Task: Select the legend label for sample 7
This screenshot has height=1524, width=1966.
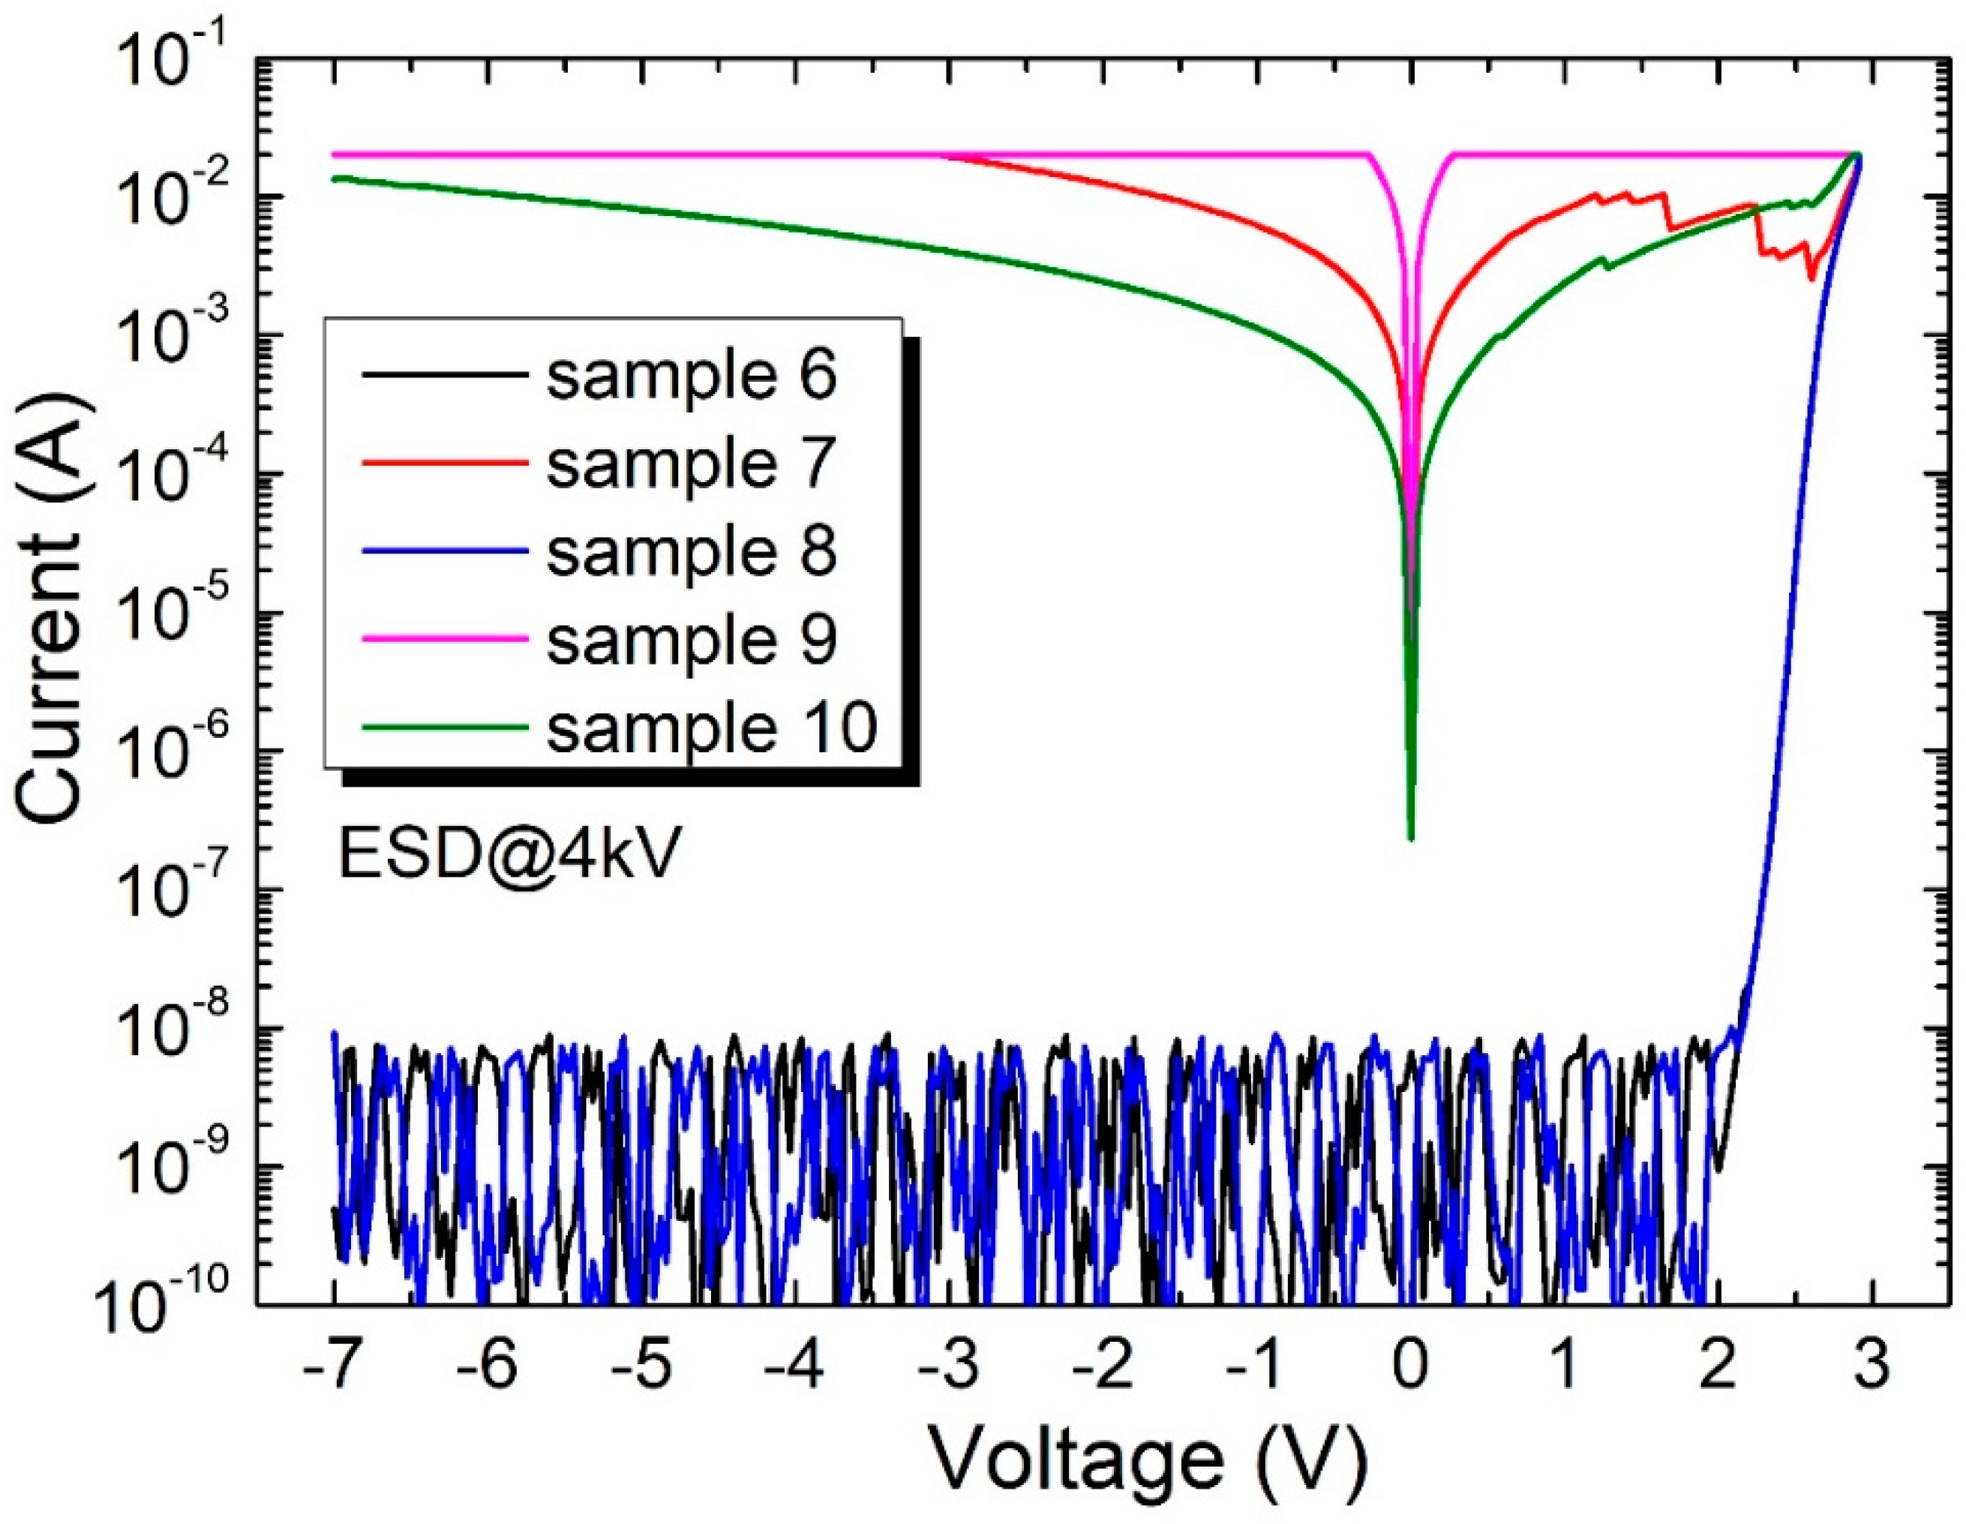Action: [692, 463]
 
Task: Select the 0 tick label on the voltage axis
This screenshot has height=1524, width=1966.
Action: [1411, 1366]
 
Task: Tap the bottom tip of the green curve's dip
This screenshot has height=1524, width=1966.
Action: [1411, 839]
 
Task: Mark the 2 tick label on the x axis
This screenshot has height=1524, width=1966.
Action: [1718, 1366]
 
